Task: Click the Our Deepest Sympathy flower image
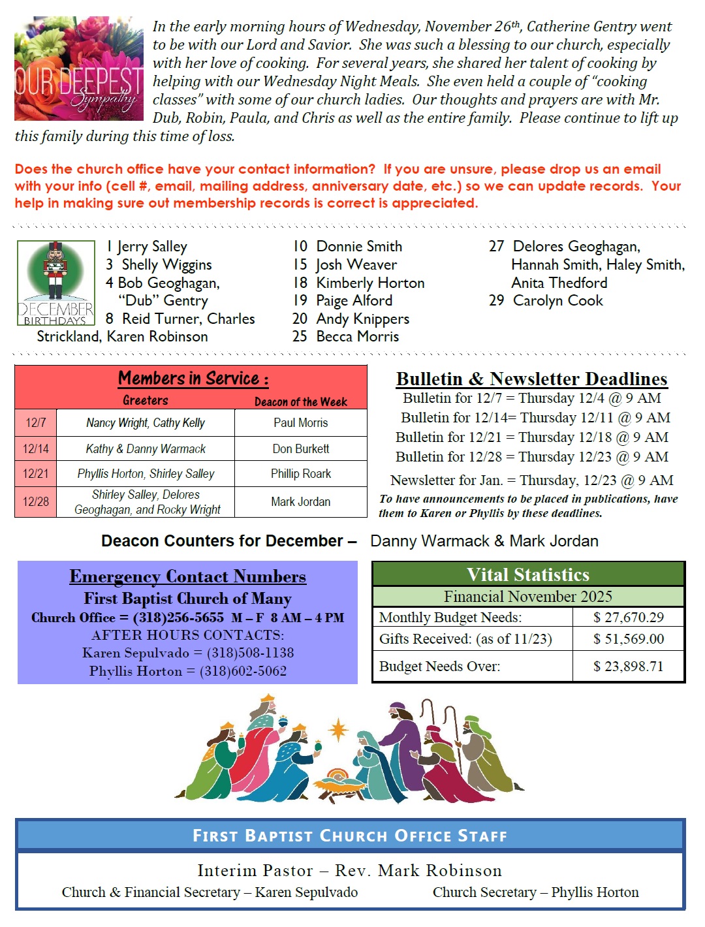pos(79,69)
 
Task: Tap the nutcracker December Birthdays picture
pos(56,282)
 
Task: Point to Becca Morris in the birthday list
pos(357,337)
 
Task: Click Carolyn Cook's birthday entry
pos(557,301)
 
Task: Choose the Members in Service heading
pos(193,379)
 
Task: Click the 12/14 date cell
pos(36,449)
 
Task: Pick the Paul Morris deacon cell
pos(300,423)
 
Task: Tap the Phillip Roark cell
pos(300,474)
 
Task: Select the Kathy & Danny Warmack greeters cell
pos(146,449)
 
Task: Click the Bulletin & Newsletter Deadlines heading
pos(531,379)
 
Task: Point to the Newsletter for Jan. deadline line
pos(531,480)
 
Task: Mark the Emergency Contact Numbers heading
pos(187,577)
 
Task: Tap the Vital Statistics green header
pos(528,574)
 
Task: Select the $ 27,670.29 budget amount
pos(628,618)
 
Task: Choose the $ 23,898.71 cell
pos(628,667)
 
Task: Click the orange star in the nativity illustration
pos(338,729)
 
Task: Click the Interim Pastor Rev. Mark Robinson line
pos(350,871)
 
